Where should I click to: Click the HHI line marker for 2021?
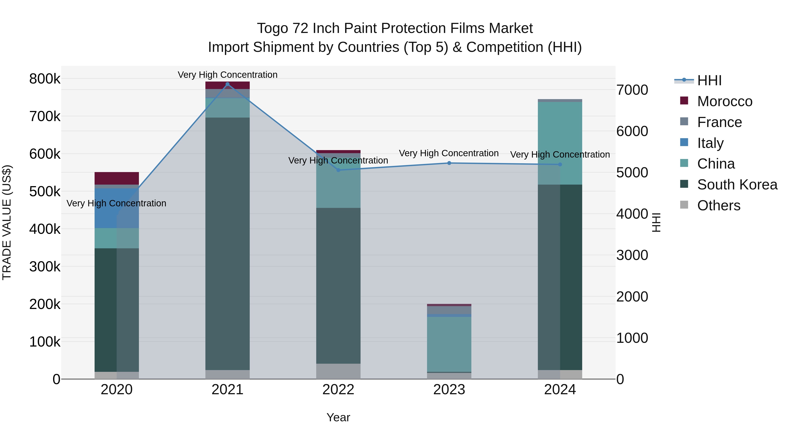point(227,84)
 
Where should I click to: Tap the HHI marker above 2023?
point(449,163)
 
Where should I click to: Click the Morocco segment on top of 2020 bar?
point(117,178)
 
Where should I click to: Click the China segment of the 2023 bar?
point(449,344)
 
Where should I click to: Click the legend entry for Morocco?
point(724,101)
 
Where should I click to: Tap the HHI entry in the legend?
point(709,80)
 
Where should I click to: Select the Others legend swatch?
point(684,205)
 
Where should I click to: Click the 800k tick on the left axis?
point(45,79)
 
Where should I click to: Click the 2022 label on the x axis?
point(338,390)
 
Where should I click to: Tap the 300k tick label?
point(45,267)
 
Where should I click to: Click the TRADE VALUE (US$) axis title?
point(7,222)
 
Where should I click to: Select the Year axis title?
point(338,417)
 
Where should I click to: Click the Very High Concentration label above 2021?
point(227,75)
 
